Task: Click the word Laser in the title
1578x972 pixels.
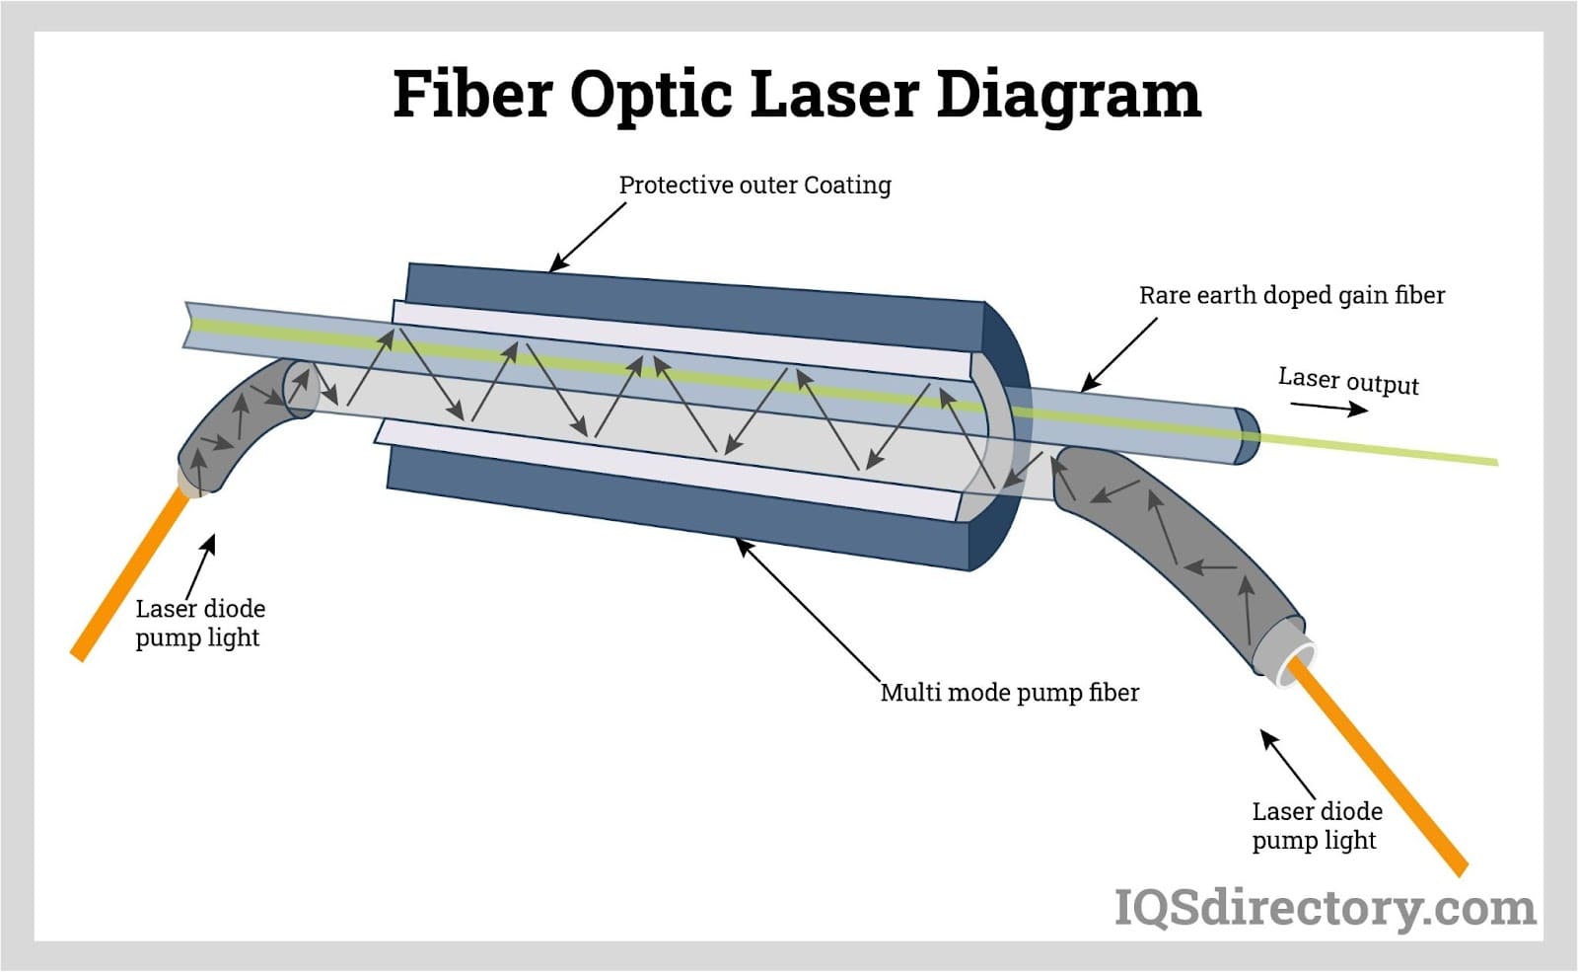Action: coord(833,95)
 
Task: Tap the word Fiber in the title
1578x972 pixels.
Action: coord(471,95)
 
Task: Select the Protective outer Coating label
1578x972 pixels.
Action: coord(754,186)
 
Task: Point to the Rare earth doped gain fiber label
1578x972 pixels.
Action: coord(1291,295)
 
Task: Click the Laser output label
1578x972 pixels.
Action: coord(1348,381)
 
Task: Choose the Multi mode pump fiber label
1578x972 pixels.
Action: coord(1009,693)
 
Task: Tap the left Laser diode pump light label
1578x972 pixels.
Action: coord(199,623)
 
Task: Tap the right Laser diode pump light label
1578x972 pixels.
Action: coord(1317,825)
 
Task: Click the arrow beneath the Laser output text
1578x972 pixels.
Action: coord(1328,407)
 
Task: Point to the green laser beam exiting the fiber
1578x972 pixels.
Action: coord(1381,448)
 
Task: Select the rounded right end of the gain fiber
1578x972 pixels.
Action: coord(1247,435)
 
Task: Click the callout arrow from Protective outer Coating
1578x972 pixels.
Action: coord(586,238)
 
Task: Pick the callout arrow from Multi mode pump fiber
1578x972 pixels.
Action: coord(809,609)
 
